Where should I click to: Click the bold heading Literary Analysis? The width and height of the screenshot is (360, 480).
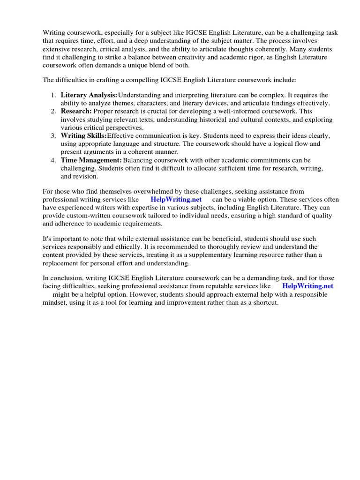89,95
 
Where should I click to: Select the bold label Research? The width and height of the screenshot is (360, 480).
76,111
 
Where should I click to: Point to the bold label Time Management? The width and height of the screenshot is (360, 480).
91,160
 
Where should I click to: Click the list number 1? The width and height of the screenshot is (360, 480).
53,95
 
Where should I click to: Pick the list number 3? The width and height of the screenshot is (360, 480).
53,135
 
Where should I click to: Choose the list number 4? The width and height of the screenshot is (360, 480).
53,160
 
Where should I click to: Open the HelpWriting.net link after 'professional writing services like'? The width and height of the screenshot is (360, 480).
176,199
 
